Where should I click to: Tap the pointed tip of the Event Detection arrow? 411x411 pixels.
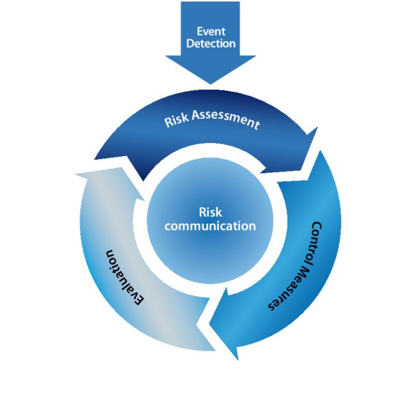[210, 82]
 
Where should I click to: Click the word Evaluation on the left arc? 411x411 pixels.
[125, 276]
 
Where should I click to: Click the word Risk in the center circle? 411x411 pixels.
[210, 213]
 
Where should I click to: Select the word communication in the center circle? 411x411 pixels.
[210, 226]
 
